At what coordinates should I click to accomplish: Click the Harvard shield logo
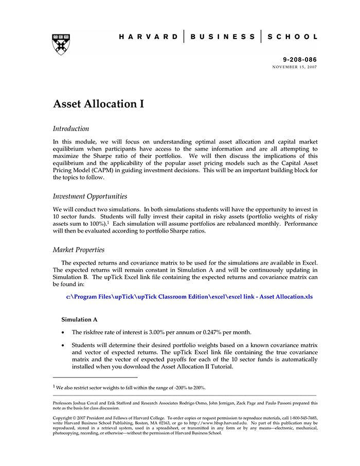pyautogui.click(x=61, y=45)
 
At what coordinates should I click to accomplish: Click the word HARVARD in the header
pyautogui.click(x=149, y=37)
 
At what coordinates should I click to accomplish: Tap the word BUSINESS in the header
pyautogui.click(x=222, y=37)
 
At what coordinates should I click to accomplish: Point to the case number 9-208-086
pyautogui.click(x=300, y=60)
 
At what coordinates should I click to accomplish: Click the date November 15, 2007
pyautogui.click(x=295, y=67)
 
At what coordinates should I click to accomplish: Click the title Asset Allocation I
pyautogui.click(x=98, y=104)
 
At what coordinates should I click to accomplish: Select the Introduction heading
pyautogui.click(x=71, y=129)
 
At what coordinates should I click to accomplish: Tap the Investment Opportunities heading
pyautogui.click(x=90, y=196)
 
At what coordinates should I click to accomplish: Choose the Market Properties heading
pyautogui.click(x=79, y=250)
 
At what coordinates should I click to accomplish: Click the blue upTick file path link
pyautogui.click(x=189, y=297)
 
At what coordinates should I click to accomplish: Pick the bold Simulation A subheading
pyautogui.click(x=79, y=319)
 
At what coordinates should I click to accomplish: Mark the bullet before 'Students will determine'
pyautogui.click(x=63, y=345)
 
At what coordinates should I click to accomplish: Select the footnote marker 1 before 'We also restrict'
pyautogui.click(x=55, y=387)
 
